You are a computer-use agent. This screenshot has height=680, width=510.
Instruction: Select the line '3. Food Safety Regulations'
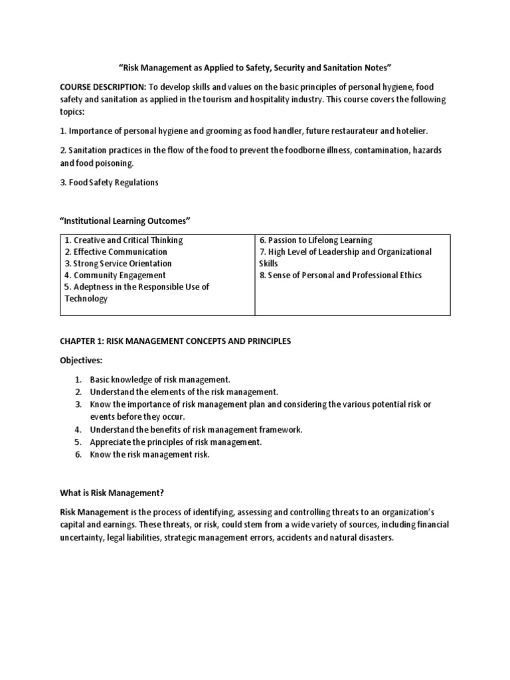109,183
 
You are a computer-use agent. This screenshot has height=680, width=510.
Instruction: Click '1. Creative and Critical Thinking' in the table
124,240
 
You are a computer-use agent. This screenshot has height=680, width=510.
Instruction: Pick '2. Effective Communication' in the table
116,252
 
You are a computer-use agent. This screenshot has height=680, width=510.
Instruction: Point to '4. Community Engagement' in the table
115,275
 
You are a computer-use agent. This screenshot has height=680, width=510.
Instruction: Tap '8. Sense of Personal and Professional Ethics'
341,275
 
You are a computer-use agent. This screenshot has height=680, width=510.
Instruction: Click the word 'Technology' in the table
86,299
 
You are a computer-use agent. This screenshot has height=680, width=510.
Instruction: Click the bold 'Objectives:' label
83,359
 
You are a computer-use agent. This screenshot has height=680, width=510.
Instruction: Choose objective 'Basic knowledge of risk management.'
160,379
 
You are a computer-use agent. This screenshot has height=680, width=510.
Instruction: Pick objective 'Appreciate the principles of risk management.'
176,442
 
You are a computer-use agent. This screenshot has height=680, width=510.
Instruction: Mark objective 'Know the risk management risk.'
149,454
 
